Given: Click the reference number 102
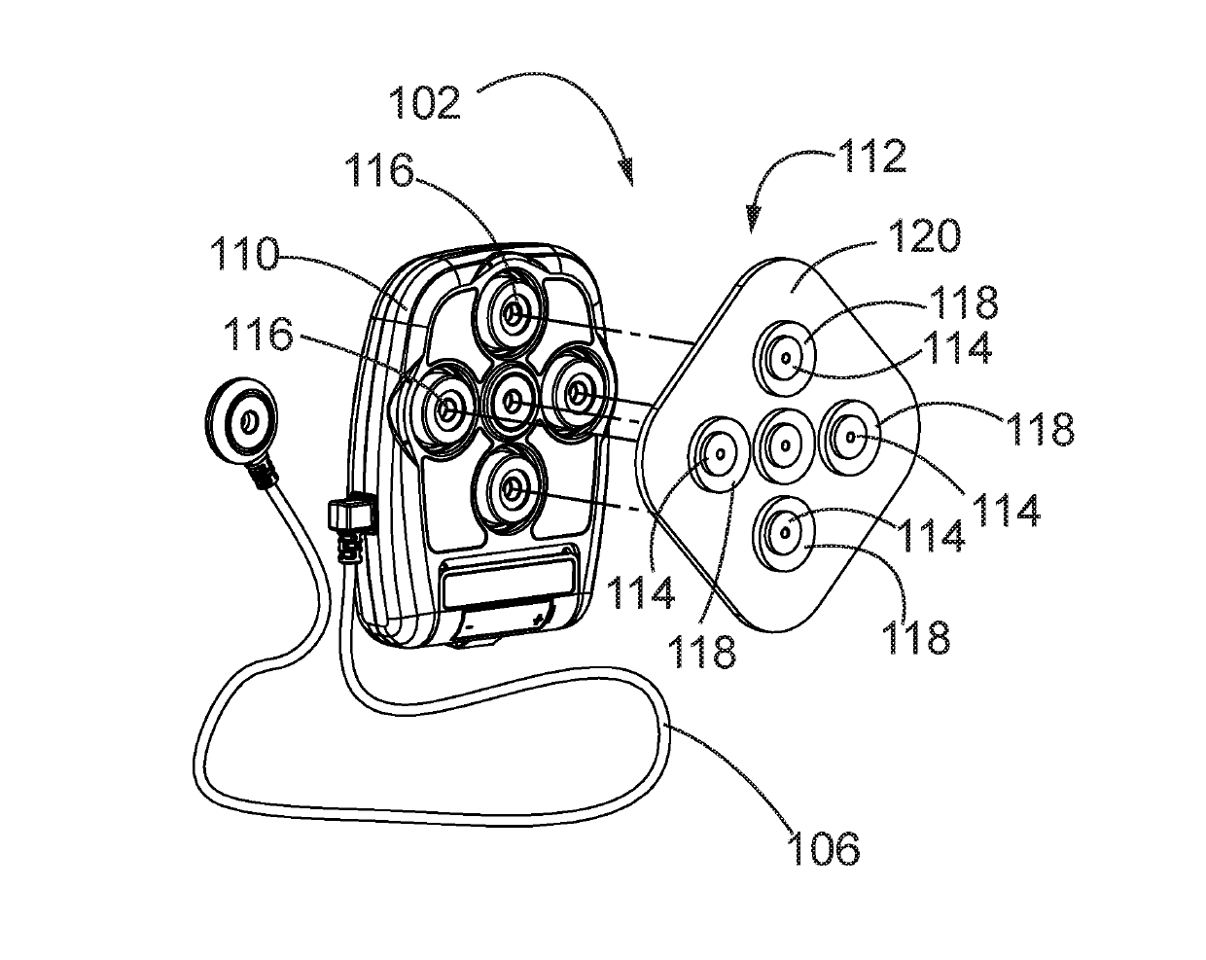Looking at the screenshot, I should (x=425, y=101).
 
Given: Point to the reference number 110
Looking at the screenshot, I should (x=244, y=259).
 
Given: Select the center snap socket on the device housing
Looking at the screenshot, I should (x=511, y=402).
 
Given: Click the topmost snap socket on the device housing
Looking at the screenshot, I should (x=513, y=310).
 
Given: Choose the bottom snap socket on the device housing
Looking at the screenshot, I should (x=509, y=493).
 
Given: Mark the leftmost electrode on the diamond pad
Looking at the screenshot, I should (x=721, y=453).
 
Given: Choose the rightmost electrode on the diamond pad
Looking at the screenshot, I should (x=851, y=438).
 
